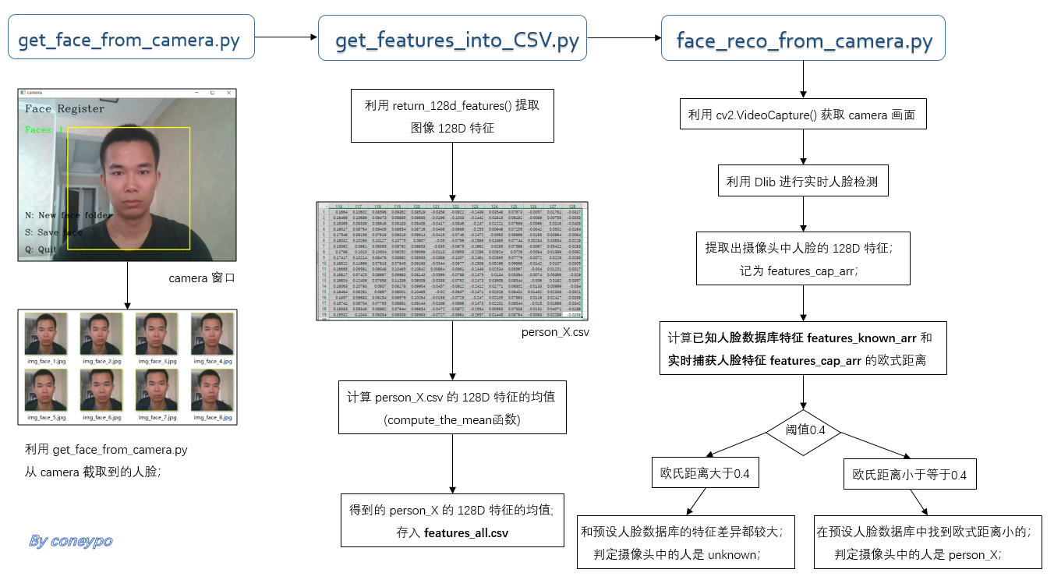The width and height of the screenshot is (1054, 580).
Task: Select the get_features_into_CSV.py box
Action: click(452, 37)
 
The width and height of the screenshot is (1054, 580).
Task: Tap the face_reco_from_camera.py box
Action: click(803, 37)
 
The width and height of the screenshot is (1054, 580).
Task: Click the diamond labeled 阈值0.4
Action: click(805, 429)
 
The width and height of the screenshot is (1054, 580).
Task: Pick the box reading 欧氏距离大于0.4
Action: click(705, 473)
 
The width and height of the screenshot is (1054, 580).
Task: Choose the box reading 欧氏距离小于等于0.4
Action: click(909, 474)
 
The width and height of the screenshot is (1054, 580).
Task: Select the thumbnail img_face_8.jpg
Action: click(211, 391)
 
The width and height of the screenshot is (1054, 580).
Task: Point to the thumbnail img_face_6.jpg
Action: click(101, 391)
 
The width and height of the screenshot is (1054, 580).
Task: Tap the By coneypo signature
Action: click(70, 541)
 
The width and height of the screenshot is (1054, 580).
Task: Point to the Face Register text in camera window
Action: click(64, 109)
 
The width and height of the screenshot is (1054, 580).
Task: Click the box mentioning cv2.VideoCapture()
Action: click(803, 115)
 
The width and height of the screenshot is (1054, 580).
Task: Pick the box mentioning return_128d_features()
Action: click(452, 117)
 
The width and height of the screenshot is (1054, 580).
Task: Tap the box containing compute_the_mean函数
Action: click(452, 408)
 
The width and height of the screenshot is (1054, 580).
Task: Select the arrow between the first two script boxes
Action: click(286, 37)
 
